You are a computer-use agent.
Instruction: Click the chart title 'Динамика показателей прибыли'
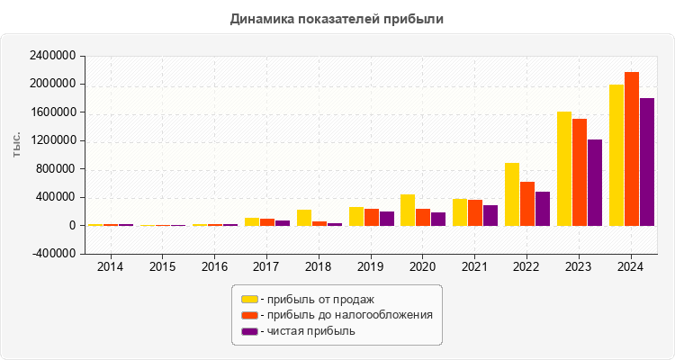(337, 18)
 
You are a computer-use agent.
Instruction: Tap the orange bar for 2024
(632, 148)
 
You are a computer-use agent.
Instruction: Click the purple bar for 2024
(647, 162)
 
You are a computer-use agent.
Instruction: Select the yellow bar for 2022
(512, 194)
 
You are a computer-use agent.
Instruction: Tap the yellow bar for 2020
(408, 210)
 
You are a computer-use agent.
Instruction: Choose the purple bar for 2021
(490, 215)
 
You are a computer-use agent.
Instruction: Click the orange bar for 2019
(372, 217)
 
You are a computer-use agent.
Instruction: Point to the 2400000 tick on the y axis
(51, 56)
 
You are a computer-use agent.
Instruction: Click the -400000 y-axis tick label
(53, 254)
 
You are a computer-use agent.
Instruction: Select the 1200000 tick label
(51, 140)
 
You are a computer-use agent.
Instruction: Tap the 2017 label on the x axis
(267, 266)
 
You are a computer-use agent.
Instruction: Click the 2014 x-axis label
(111, 266)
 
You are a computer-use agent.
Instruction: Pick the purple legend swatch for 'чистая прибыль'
(249, 331)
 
